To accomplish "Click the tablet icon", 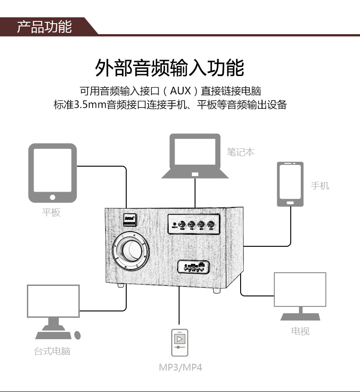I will click(x=52, y=173).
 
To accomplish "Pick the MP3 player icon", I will click(x=180, y=343).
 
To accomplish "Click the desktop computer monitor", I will click(x=53, y=301).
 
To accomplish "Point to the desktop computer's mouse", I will click(x=77, y=335).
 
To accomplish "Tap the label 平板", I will click(x=51, y=212).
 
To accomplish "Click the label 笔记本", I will click(x=241, y=152).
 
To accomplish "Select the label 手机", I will click(x=320, y=186).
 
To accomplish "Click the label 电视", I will click(x=300, y=331).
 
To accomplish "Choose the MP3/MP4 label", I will click(x=180, y=367).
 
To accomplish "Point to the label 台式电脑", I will click(x=52, y=351).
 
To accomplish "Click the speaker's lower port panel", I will click(x=193, y=266).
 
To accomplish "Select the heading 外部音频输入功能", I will click(x=170, y=68).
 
